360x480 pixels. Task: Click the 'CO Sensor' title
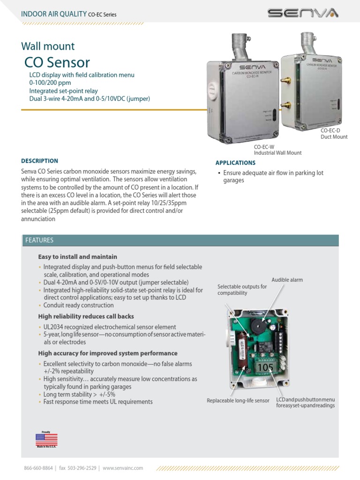click(57, 62)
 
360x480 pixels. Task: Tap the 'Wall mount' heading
click(48, 46)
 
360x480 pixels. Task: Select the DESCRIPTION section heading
click(40, 161)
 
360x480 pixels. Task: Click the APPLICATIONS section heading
click(235, 163)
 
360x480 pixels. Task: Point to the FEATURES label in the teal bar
click(39, 240)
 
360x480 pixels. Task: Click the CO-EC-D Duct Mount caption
click(334, 134)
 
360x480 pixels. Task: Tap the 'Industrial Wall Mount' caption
click(277, 153)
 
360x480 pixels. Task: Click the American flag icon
click(46, 439)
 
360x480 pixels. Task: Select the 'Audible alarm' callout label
click(287, 280)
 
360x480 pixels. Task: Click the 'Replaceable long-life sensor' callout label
click(238, 401)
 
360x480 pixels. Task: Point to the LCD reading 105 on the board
click(264, 367)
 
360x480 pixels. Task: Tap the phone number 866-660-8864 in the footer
click(37, 468)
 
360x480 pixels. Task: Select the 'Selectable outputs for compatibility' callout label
click(242, 290)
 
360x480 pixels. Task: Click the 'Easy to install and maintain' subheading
click(77, 257)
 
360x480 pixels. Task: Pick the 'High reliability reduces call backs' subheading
click(86, 317)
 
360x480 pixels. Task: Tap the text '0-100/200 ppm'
click(51, 83)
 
